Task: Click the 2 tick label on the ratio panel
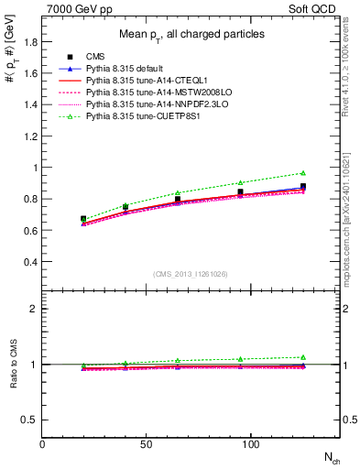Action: tap(34, 309)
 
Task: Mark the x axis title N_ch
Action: tap(330, 458)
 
